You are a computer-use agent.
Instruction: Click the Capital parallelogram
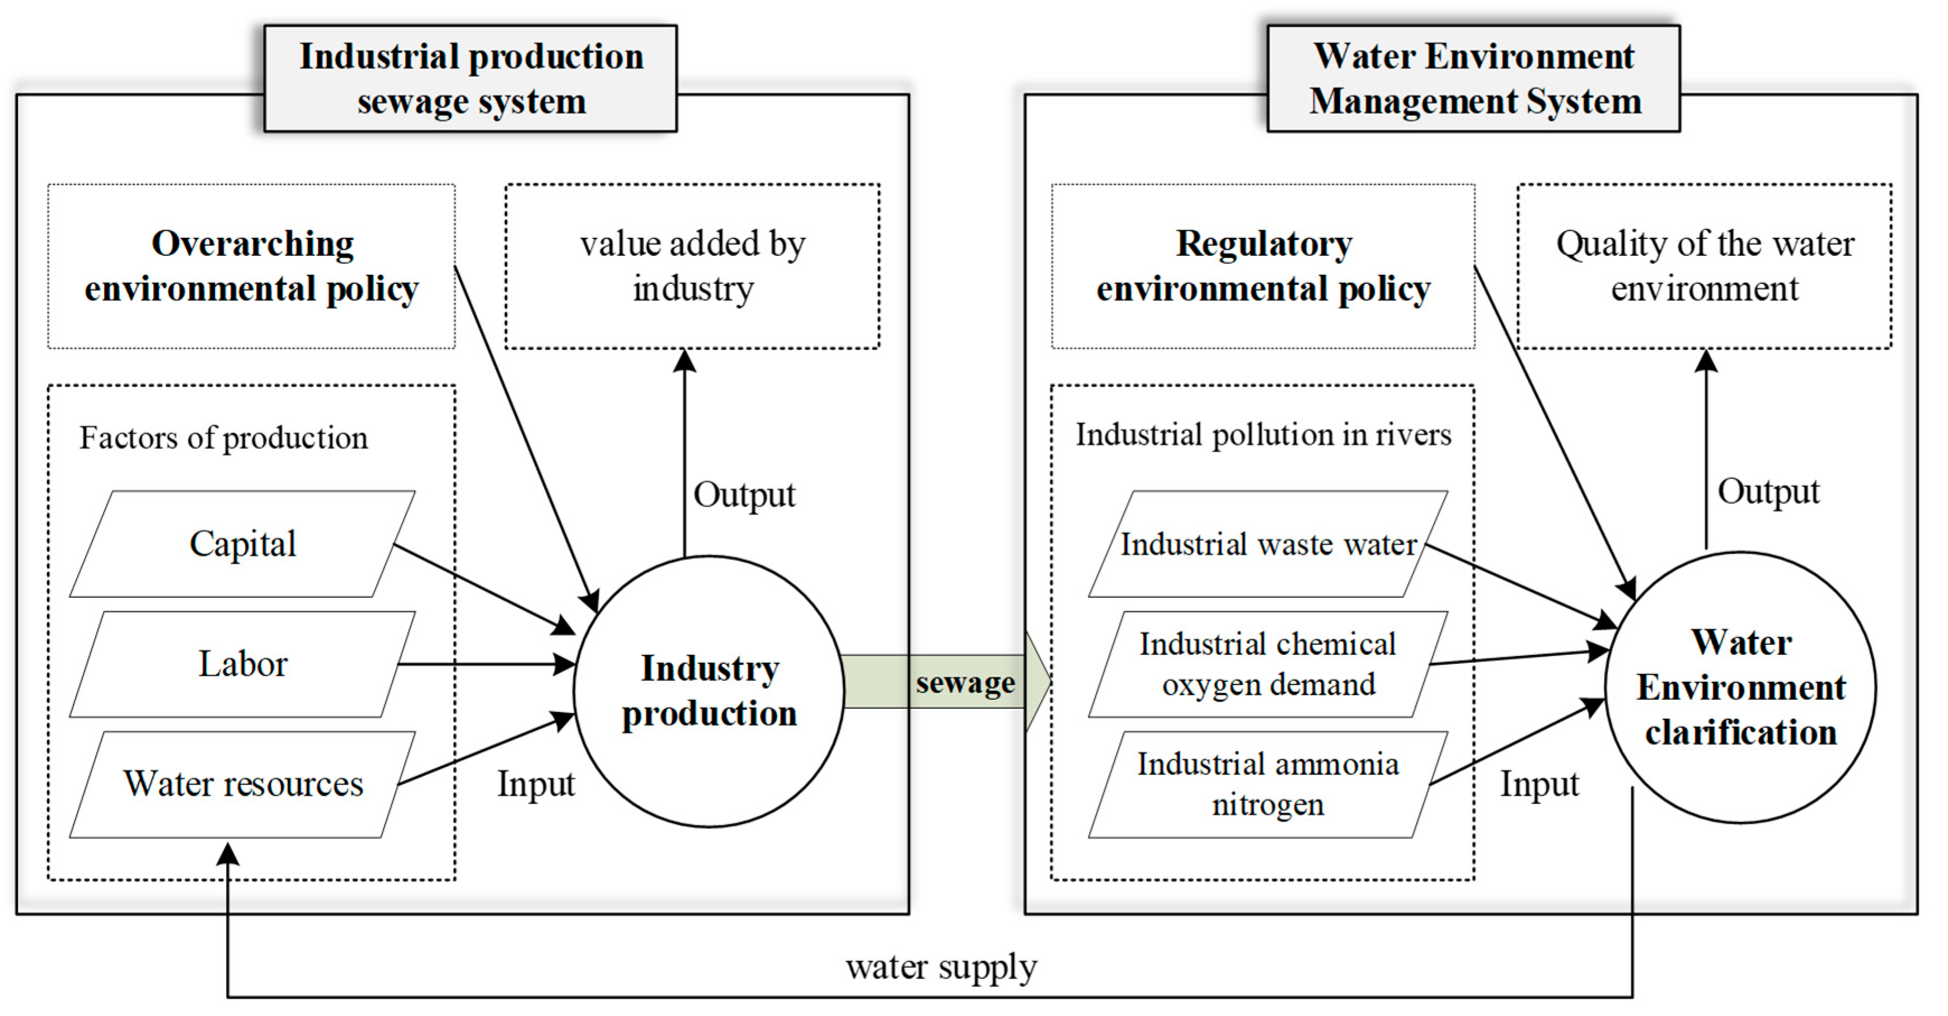242,544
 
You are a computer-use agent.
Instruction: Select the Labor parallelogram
242,664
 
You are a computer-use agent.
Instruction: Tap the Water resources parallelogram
242,784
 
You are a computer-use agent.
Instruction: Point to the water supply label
941,966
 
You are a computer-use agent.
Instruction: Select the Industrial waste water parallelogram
1268,544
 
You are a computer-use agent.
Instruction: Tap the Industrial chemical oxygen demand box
1268,664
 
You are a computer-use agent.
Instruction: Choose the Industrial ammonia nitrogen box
1268,784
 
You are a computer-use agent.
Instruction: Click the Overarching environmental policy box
251,266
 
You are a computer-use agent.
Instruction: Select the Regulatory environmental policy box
1263,266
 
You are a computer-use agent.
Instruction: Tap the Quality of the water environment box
1705,266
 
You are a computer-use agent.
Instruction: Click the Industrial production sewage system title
471,79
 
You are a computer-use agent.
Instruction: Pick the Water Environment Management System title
1474,79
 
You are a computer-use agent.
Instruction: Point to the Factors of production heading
224,437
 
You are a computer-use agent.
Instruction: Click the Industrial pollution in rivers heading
1263,434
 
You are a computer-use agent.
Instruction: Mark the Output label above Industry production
744,495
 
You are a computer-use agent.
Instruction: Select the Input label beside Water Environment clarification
1539,784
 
